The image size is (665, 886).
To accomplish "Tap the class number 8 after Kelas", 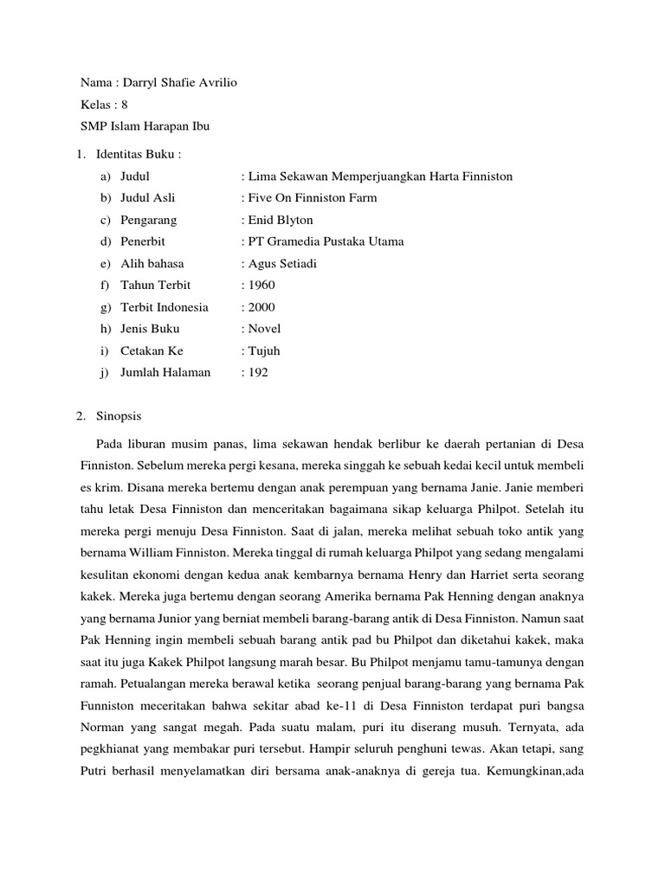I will pyautogui.click(x=125, y=105).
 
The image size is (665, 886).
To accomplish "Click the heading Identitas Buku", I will pyautogui.click(x=138, y=154).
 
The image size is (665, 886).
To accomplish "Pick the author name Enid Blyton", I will pyautogui.click(x=281, y=220).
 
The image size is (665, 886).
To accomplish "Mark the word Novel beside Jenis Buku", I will pyautogui.click(x=264, y=329).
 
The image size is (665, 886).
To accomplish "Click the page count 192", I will pyautogui.click(x=258, y=372).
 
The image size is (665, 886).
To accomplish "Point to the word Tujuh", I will pyautogui.click(x=264, y=350).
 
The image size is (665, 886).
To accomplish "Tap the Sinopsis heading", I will pyautogui.click(x=121, y=415).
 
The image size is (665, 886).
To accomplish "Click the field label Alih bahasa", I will pyautogui.click(x=152, y=263).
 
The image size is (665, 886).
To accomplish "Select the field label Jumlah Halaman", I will pyautogui.click(x=166, y=372).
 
